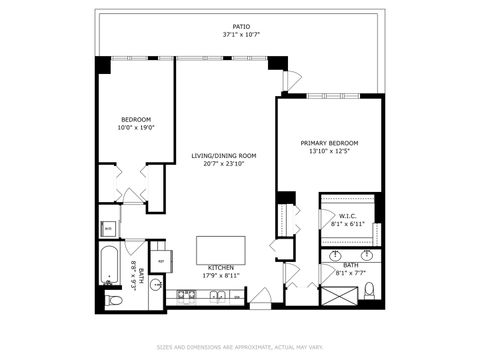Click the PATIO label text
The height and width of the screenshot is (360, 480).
pyautogui.click(x=239, y=27)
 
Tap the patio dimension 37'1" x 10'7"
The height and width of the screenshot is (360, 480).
pyautogui.click(x=239, y=35)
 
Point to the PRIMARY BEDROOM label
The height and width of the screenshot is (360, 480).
pyautogui.click(x=329, y=143)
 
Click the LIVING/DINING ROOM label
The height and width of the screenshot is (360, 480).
pyautogui.click(x=225, y=155)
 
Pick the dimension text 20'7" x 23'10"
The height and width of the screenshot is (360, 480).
pyautogui.click(x=225, y=163)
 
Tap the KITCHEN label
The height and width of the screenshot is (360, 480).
pyautogui.click(x=221, y=268)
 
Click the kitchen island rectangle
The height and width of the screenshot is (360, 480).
pyautogui.click(x=221, y=249)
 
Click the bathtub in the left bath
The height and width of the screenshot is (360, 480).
pyautogui.click(x=109, y=268)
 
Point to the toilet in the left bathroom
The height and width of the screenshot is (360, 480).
pyautogui.click(x=113, y=299)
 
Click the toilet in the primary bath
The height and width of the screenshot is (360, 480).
pyautogui.click(x=369, y=291)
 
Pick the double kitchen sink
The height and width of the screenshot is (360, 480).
pyautogui.click(x=216, y=295)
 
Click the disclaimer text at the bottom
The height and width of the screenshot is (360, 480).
pyautogui.click(x=239, y=348)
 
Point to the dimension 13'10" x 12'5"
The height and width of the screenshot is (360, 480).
pyautogui.click(x=329, y=151)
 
